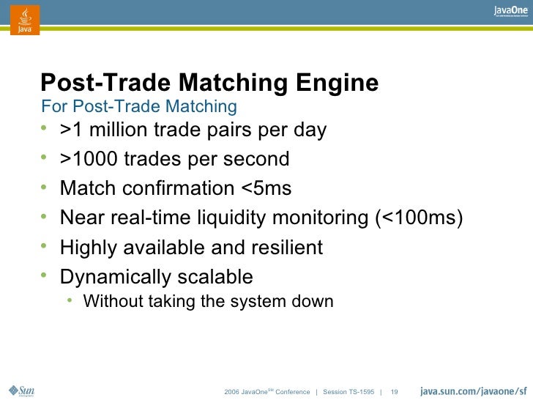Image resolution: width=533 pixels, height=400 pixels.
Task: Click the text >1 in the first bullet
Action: (70, 130)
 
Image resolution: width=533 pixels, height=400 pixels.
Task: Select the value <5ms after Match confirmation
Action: (266, 188)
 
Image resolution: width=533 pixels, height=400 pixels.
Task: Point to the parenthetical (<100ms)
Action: (420, 218)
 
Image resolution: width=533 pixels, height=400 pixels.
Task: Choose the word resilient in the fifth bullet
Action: (287, 248)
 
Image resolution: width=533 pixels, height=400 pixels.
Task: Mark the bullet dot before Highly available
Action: (45, 247)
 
